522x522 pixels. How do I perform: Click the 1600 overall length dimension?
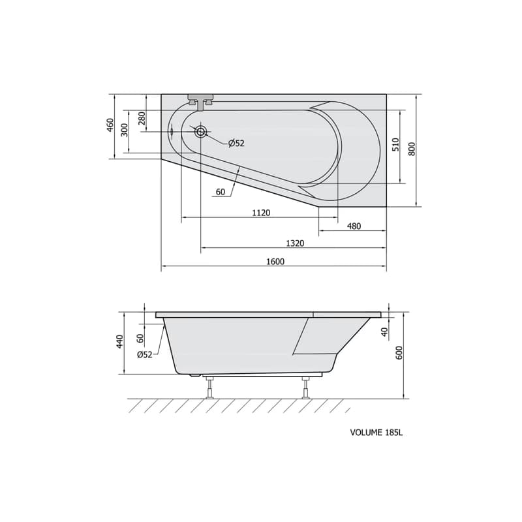click(275, 262)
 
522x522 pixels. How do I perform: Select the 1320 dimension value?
click(295, 243)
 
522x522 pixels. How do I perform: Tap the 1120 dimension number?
click(261, 213)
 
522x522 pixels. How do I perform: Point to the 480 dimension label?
click(354, 226)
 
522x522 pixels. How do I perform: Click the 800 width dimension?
click(412, 149)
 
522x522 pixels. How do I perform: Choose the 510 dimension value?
click(395, 144)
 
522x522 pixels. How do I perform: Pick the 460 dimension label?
click(110, 125)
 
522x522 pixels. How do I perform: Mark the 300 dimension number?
click(124, 130)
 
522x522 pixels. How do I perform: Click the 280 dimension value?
click(142, 119)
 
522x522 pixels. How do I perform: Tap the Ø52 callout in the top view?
click(236, 144)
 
